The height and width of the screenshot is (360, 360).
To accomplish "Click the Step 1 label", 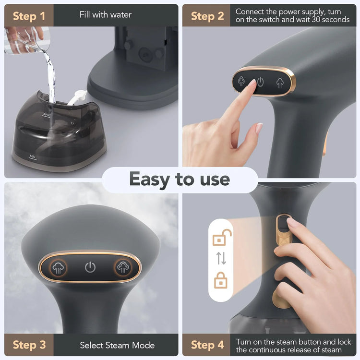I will click(29, 16).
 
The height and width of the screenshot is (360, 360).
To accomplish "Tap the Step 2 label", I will click(207, 16).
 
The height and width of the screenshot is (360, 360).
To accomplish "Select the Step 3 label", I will click(29, 345).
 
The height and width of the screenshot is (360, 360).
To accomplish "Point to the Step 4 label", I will click(207, 345).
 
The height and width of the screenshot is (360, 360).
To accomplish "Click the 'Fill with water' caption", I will click(105, 15).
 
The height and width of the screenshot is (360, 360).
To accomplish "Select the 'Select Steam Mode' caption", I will click(117, 345).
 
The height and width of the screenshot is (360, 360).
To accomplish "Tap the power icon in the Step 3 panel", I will click(90, 267).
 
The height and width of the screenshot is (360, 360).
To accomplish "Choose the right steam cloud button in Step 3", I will click(121, 267).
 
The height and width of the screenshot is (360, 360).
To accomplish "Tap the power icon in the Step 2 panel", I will click(260, 82).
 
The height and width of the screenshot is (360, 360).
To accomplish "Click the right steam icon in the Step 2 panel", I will click(280, 82).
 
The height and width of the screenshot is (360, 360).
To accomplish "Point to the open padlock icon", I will click(221, 238).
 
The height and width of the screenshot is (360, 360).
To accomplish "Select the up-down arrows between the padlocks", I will click(221, 258).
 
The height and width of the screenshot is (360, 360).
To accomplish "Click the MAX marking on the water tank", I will click(47, 115).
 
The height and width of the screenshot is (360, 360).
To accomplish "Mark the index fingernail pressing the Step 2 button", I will click(252, 83).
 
